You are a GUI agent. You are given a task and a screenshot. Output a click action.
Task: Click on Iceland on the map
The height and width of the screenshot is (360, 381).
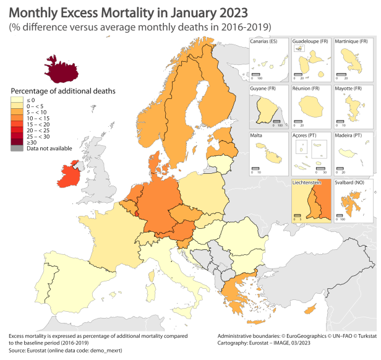pyautogui.click(x=63, y=69)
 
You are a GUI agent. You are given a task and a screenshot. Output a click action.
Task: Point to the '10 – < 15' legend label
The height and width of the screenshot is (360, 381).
pyautogui.click(x=35, y=118)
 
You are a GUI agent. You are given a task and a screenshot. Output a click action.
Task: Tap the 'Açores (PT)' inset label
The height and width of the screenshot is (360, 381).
pyautogui.click(x=306, y=135)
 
